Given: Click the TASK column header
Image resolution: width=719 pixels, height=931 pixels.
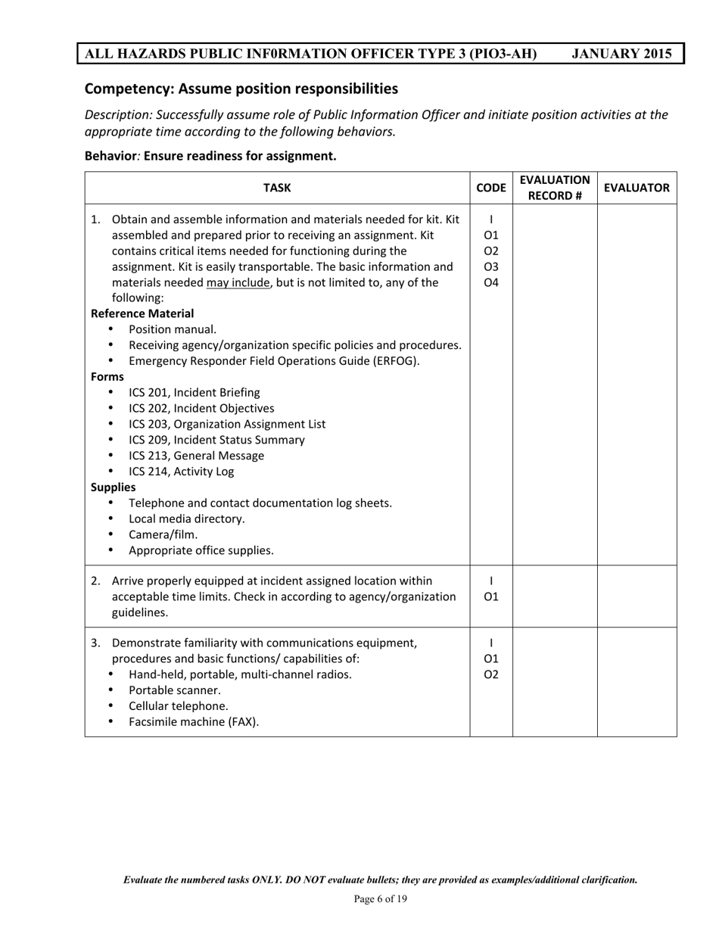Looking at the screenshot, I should click(277, 188).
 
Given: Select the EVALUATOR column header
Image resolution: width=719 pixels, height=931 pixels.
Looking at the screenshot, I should click(637, 188).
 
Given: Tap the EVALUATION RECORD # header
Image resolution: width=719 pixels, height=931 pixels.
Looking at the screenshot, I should click(555, 188).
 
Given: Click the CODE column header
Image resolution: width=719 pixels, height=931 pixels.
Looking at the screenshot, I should click(491, 188).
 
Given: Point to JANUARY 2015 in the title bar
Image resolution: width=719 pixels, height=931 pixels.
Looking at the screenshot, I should click(621, 54).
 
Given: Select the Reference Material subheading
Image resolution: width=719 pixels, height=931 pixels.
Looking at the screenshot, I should click(142, 313).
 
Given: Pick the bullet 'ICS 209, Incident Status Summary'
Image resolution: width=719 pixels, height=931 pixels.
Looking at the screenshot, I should click(216, 440).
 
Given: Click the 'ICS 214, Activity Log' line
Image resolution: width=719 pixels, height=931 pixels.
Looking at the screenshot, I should click(181, 472).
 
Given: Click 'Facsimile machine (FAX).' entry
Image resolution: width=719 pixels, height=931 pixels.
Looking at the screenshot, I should click(194, 722).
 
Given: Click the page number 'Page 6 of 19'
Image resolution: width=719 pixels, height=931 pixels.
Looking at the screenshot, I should click(380, 899).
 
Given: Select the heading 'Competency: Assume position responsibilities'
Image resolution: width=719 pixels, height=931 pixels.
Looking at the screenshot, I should click(241, 89).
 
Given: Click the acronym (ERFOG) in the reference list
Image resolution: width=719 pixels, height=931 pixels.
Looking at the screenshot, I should click(391, 361).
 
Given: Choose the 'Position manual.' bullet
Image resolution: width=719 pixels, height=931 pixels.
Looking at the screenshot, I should click(173, 329).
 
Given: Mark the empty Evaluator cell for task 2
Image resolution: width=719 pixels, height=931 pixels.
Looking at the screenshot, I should click(637, 596).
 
